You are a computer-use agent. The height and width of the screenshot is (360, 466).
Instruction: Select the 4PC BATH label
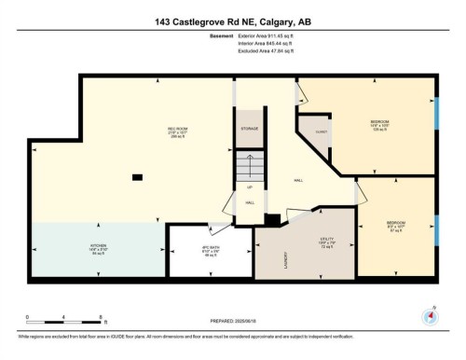point(210,249)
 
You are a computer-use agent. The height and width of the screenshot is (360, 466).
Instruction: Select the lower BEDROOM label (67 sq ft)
point(396,224)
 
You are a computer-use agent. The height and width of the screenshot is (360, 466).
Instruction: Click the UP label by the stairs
point(250,187)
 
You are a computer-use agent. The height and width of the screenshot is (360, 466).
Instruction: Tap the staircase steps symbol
point(250,168)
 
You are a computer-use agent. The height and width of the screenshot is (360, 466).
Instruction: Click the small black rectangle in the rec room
point(138,176)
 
